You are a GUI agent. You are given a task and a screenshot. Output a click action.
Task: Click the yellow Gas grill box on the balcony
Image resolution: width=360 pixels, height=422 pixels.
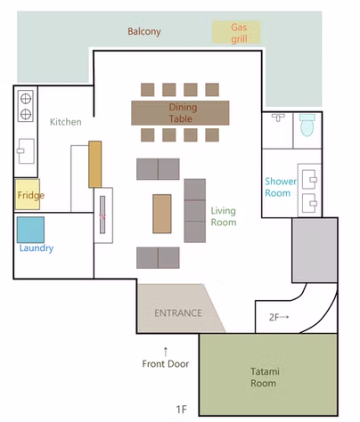[236, 32]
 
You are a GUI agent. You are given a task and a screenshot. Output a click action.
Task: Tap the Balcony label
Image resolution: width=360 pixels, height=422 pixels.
[144, 31]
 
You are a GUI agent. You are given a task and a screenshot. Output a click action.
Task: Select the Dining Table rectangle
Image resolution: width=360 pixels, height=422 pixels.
[180, 113]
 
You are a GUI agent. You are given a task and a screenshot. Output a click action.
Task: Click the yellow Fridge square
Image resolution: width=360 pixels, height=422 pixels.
[28, 194]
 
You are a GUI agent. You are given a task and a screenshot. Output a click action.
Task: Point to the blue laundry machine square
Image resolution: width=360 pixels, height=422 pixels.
[30, 230]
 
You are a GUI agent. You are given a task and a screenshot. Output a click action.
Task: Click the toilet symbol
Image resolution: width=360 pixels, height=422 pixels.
[307, 125]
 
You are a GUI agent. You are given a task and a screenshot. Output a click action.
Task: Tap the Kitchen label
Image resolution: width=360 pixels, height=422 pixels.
[66, 122]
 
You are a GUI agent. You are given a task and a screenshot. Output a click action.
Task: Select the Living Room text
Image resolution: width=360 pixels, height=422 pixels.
[224, 216]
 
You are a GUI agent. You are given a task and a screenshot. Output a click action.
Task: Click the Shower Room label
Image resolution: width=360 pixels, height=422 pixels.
[281, 187]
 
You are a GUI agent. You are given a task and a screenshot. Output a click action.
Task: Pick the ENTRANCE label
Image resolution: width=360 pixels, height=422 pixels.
[178, 312]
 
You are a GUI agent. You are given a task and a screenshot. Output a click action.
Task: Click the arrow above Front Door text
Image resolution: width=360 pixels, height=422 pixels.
[166, 352]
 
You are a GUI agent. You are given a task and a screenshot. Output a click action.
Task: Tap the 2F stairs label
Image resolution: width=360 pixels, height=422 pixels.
[279, 317]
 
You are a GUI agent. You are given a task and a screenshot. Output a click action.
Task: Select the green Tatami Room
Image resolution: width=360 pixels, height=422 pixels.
[268, 375]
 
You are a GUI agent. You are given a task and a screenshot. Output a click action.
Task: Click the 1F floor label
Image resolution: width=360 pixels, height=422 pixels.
[182, 410]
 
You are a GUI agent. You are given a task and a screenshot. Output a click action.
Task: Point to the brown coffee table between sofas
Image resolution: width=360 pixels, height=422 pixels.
[162, 214]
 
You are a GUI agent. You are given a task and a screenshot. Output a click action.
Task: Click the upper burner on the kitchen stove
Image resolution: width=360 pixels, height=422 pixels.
[26, 99]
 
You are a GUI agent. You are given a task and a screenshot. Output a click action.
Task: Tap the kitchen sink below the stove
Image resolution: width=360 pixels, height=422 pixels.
[26, 151]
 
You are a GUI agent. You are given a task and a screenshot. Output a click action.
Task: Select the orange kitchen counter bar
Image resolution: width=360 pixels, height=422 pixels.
[95, 164]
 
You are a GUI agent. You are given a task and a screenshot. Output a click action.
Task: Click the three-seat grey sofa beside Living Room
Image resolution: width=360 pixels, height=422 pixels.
[195, 211]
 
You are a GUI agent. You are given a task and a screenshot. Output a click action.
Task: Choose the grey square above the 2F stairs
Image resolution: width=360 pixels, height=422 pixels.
[315, 250]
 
